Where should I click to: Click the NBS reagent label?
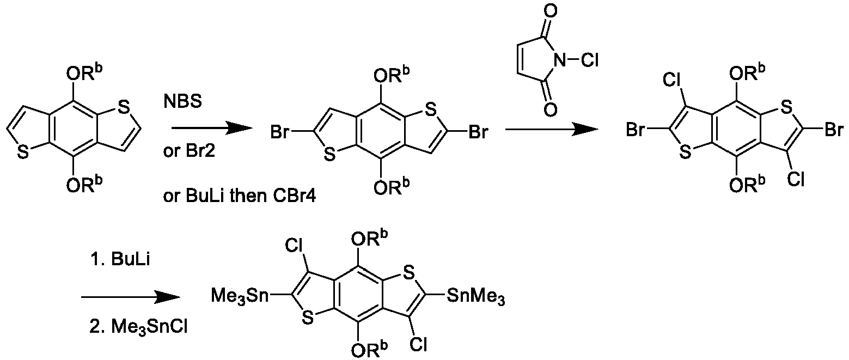click(x=182, y=102)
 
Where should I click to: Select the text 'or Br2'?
click(x=189, y=151)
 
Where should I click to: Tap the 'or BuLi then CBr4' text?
click(x=239, y=196)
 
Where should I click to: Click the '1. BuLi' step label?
click(x=120, y=260)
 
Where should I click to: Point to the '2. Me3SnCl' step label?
click(x=138, y=327)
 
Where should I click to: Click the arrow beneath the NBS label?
click(x=212, y=129)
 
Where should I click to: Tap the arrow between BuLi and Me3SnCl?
click(x=131, y=297)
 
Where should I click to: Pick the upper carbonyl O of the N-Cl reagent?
click(x=551, y=11)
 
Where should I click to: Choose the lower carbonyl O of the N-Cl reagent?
click(x=551, y=109)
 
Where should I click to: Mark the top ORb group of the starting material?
click(x=84, y=73)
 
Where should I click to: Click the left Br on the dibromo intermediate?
click(x=280, y=132)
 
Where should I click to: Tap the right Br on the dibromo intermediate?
click(x=478, y=132)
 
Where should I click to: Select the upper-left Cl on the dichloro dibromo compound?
click(x=673, y=80)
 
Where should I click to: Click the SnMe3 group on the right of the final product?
click(x=476, y=296)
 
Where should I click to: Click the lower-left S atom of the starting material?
click(x=23, y=152)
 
